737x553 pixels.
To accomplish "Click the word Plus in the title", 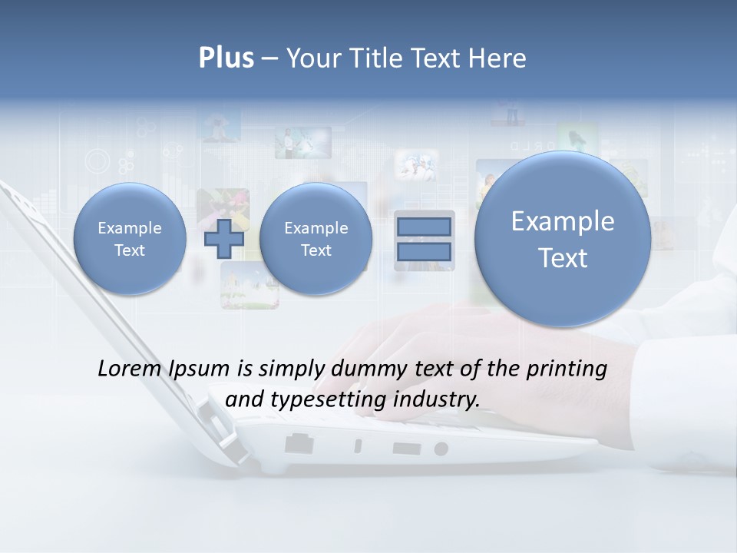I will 226,58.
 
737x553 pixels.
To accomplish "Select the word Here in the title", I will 497,58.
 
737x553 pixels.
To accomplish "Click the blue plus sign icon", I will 224,239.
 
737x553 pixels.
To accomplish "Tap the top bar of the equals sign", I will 424,227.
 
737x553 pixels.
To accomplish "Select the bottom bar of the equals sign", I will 424,252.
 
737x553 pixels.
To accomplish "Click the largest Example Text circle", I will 563,239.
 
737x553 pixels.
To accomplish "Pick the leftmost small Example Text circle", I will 130,239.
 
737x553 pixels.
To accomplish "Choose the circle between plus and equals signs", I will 316,239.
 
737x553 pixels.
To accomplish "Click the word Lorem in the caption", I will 127,369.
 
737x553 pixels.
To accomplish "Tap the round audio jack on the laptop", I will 441,449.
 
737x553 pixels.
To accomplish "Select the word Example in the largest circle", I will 563,221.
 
